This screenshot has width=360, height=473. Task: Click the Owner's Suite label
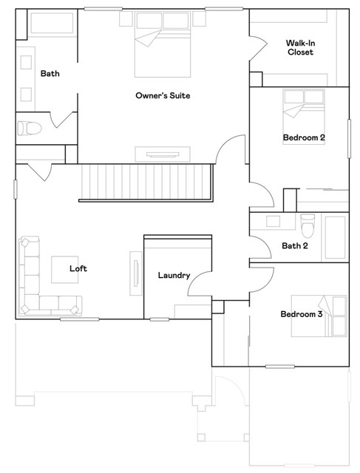[163, 95]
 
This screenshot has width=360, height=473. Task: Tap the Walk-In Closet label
[300, 47]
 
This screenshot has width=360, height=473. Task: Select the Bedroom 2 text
[303, 137]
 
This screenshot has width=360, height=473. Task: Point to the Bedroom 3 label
[301, 314]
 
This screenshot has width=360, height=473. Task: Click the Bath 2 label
[295, 245]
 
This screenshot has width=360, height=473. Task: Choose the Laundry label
[174, 276]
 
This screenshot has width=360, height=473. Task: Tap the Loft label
[78, 268]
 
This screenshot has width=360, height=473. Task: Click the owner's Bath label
[50, 73]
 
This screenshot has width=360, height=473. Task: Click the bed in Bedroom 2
[304, 111]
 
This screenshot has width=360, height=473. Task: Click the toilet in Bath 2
[308, 222]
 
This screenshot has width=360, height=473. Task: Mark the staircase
[146, 182]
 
